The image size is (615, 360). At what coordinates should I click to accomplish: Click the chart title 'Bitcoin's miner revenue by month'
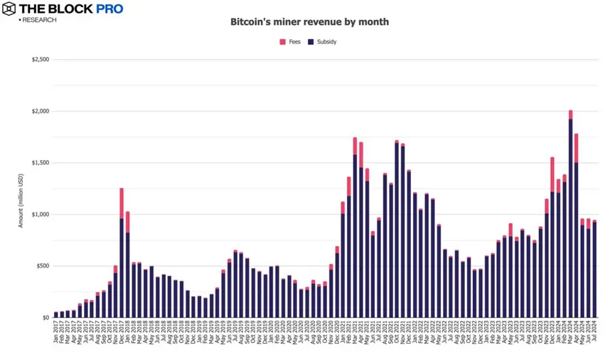309,22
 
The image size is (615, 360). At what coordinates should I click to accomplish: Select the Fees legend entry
290,42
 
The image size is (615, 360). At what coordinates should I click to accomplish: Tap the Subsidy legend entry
323,42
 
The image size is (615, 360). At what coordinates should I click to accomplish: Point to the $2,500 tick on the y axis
38,60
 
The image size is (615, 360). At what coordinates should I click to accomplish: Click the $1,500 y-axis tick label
38,163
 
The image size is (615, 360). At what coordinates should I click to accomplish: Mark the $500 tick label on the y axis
41,266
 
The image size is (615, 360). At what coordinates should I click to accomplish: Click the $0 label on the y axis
44,318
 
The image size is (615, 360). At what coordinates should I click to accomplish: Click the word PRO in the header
107,9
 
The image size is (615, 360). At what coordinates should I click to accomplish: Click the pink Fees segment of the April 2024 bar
577,147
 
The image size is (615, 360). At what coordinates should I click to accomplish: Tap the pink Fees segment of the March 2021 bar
355,146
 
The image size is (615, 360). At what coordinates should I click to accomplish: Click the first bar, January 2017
56,314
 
